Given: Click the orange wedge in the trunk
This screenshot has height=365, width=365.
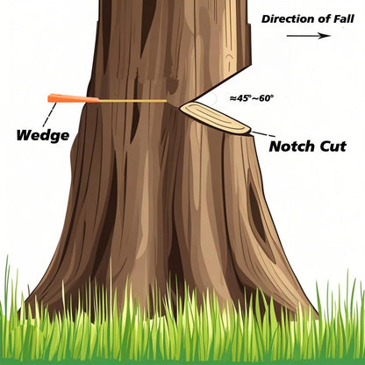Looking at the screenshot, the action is point(73,98).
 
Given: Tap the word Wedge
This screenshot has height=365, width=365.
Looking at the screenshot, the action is point(43,135).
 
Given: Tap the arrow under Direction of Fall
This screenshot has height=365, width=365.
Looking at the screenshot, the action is point(309,36).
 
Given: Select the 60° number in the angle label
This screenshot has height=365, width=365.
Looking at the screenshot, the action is point(266,98).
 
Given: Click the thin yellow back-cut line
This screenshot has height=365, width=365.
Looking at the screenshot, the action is point(133,101).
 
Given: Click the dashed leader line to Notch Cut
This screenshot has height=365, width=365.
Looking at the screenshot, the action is point(263,134).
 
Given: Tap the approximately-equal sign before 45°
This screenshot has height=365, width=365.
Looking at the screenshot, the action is point(233,98).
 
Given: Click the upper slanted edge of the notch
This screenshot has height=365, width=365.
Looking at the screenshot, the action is point(216,85).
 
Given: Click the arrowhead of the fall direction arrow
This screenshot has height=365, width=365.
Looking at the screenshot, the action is point(326,36).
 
